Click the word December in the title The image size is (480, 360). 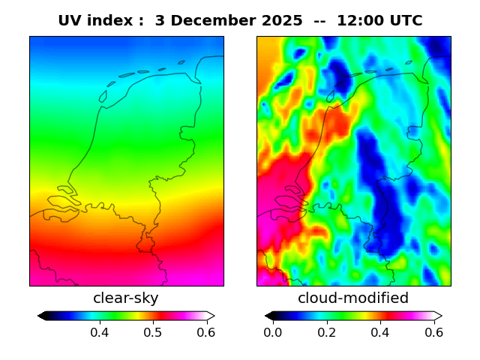[x=206, y=21]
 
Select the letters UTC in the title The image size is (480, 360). [x=406, y=21]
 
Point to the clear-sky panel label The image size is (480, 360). [x=126, y=298]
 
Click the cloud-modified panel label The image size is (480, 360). [x=353, y=298]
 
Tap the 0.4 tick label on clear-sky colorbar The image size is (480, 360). [x=100, y=332]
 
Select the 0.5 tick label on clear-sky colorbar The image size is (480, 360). [x=153, y=332]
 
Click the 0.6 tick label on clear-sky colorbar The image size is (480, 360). [x=205, y=332]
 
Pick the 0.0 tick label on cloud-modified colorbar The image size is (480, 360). [x=273, y=332]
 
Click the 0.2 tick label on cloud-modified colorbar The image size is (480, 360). [x=326, y=332]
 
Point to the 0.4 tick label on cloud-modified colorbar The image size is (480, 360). [x=380, y=332]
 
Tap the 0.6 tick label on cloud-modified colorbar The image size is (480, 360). [x=433, y=332]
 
